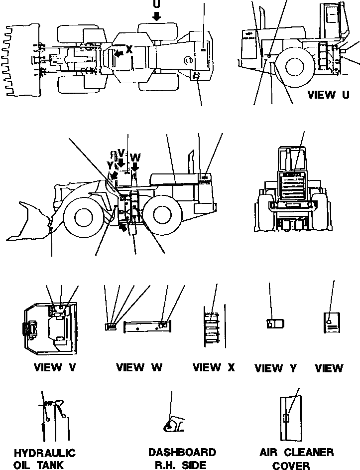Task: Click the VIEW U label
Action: click(328, 95)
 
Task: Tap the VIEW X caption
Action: click(214, 368)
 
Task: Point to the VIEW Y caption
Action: click(275, 368)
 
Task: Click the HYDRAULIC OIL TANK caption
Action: click(44, 459)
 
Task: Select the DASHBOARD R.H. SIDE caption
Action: click(182, 459)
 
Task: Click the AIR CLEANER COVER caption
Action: click(296, 459)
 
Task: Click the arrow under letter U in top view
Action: click(157, 16)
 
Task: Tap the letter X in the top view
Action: click(129, 49)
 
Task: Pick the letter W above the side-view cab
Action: click(135, 157)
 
